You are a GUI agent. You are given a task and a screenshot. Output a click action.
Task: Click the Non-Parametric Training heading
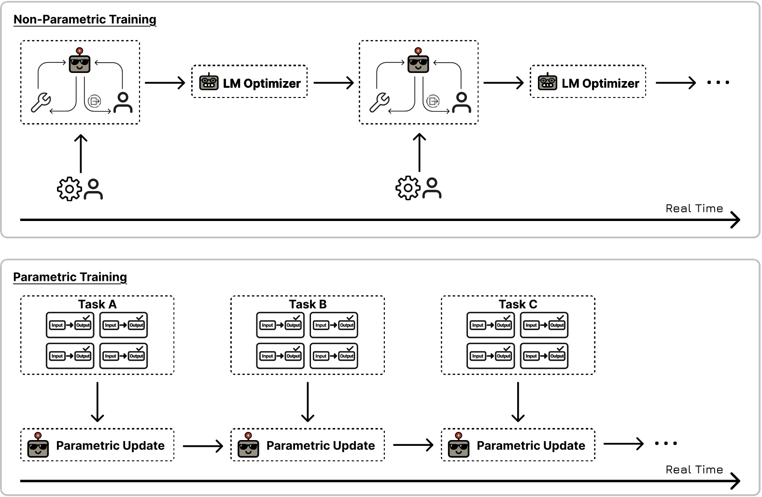[85, 19]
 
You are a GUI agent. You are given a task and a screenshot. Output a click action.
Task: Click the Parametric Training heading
[70, 277]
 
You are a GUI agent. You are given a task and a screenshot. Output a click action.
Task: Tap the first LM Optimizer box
[249, 82]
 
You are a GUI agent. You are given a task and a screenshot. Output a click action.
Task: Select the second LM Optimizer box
[588, 82]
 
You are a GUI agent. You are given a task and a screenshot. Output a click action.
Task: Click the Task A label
[97, 304]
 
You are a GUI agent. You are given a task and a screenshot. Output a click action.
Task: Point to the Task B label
[308, 304]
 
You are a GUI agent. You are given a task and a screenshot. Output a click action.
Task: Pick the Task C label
[518, 304]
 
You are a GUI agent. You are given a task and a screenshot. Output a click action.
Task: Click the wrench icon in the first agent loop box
[41, 102]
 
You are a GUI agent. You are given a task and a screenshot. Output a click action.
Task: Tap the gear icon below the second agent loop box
[408, 188]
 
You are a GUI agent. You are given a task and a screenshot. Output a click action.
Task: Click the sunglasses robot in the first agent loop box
[80, 61]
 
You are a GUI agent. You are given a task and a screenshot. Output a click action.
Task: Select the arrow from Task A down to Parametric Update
[98, 402]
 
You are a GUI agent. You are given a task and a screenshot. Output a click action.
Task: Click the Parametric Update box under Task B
[308, 445]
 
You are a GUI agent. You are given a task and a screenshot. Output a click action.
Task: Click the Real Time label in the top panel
[694, 208]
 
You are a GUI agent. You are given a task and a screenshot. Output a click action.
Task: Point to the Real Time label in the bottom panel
[694, 469]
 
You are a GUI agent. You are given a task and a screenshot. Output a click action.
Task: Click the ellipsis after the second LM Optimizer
[718, 83]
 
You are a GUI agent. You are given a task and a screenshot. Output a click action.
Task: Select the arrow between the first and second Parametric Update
[203, 445]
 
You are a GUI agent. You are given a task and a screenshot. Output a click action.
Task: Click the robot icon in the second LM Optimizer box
[547, 82]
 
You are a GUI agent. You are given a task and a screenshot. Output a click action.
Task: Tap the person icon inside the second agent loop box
[462, 102]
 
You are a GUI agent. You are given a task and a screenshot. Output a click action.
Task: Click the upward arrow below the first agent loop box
[81, 153]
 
